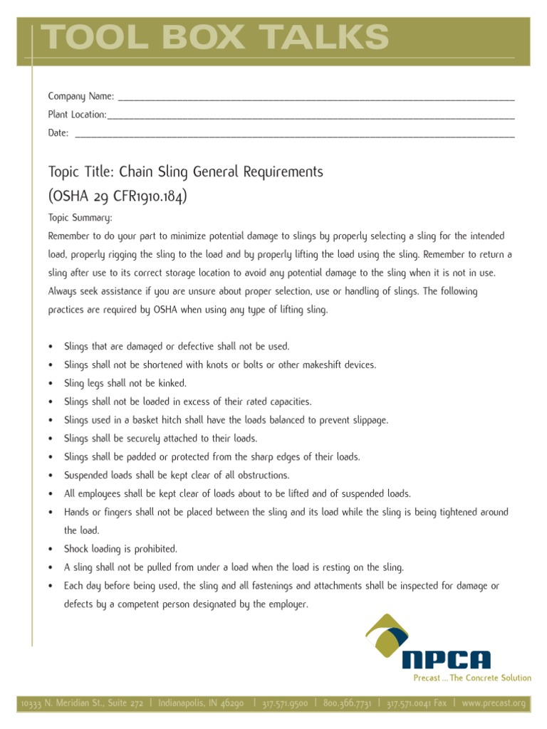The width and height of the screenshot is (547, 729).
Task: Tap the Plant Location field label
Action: pyautogui.click(x=77, y=115)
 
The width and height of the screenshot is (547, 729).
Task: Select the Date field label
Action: pyautogui.click(x=58, y=133)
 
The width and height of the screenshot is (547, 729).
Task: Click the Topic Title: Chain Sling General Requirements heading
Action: pyautogui.click(x=185, y=172)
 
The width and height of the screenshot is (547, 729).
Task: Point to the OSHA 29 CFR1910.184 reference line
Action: pyautogui.click(x=118, y=196)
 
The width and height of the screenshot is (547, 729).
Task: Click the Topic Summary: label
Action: pyautogui.click(x=80, y=218)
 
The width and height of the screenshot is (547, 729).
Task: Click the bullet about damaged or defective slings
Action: pyautogui.click(x=177, y=347)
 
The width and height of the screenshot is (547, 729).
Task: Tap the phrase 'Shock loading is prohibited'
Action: pyautogui.click(x=120, y=549)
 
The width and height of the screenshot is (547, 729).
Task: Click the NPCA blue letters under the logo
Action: pyautogui.click(x=446, y=660)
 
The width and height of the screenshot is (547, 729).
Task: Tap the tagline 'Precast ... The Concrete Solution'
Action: pyautogui.click(x=472, y=678)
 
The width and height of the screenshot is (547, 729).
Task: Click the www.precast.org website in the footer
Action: pyautogui.click(x=494, y=703)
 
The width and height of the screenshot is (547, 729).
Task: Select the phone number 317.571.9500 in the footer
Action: pyautogui.click(x=285, y=703)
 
